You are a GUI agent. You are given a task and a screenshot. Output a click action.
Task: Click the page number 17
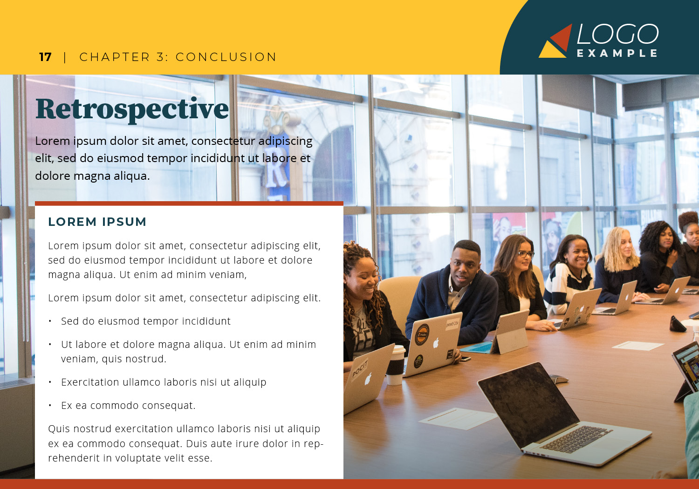point(45,57)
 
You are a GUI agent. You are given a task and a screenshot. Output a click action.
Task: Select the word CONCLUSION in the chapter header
point(226,57)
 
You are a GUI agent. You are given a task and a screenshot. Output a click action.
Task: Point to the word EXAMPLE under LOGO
point(617,53)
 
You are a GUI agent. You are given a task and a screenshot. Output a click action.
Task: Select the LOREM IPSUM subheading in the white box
point(97,222)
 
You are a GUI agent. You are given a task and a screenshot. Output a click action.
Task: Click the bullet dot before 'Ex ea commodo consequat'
point(50,406)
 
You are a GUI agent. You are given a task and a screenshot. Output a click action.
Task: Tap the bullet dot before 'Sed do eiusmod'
point(50,321)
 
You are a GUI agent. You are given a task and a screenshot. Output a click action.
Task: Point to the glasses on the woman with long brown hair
point(526,254)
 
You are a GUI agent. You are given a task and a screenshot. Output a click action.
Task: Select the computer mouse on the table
point(559,379)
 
